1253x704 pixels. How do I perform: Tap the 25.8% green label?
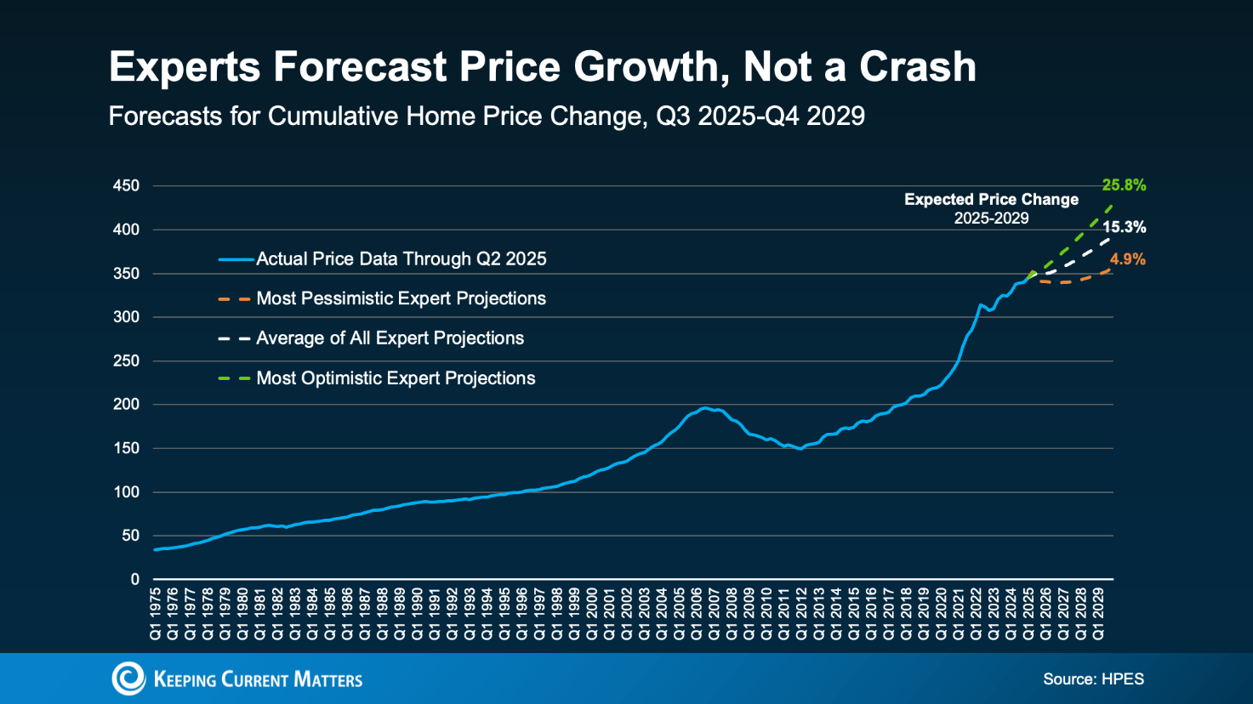pos(1124,185)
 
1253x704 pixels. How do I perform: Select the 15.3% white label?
pos(1124,227)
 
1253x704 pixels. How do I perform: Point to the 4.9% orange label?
pos(1127,259)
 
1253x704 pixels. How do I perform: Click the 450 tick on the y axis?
pos(126,186)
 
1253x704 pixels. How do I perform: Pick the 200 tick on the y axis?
pos(126,405)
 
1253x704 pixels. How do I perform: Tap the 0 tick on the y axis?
pos(134,580)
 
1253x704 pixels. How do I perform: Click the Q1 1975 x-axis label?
pos(156,613)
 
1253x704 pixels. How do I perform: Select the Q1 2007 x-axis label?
pos(715,613)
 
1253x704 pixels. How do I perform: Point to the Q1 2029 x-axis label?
pos(1098,613)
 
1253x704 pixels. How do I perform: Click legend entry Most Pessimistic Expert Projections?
pos(401,298)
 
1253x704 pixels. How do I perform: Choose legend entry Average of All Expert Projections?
pos(390,338)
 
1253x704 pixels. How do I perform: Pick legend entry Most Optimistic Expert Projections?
pos(396,378)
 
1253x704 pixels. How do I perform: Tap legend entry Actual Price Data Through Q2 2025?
pos(401,259)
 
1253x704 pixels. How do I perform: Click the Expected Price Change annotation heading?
pos(991,200)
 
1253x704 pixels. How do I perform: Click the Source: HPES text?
pos(1093,678)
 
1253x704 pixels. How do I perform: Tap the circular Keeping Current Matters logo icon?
pos(128,678)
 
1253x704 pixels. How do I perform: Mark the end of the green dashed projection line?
pos(1111,206)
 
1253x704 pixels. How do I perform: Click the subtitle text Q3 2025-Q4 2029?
pos(760,116)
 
